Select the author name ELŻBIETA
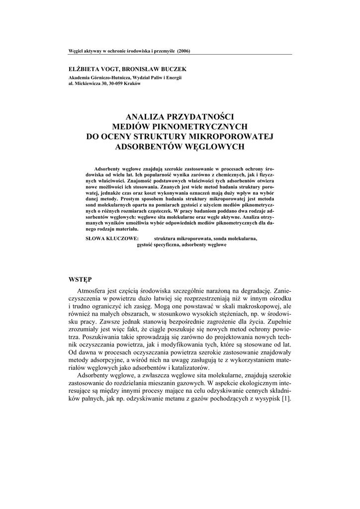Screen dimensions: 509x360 (x=85, y=70)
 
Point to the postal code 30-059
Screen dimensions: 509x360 (x=115, y=84)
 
